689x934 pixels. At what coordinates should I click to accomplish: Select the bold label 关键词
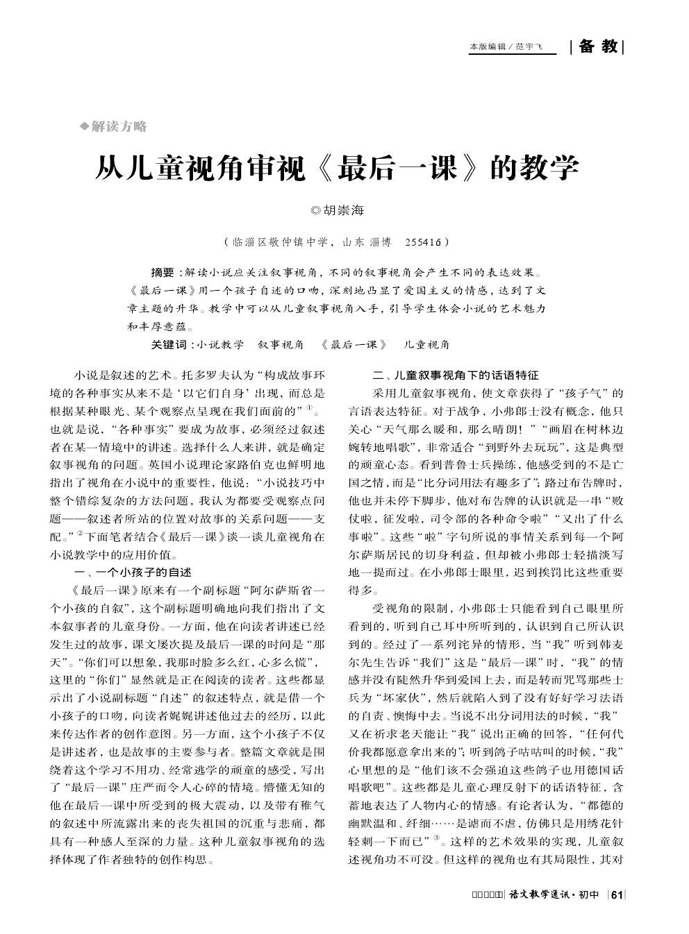tap(169, 344)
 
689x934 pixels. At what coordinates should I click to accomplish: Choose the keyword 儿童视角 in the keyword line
tap(427, 344)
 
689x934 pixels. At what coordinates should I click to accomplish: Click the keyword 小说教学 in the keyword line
tap(220, 344)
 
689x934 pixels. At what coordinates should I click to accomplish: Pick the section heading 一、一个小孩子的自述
tap(133, 572)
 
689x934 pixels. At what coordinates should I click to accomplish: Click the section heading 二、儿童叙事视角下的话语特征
tap(456, 375)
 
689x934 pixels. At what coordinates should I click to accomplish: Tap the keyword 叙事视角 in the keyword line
tap(281, 344)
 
